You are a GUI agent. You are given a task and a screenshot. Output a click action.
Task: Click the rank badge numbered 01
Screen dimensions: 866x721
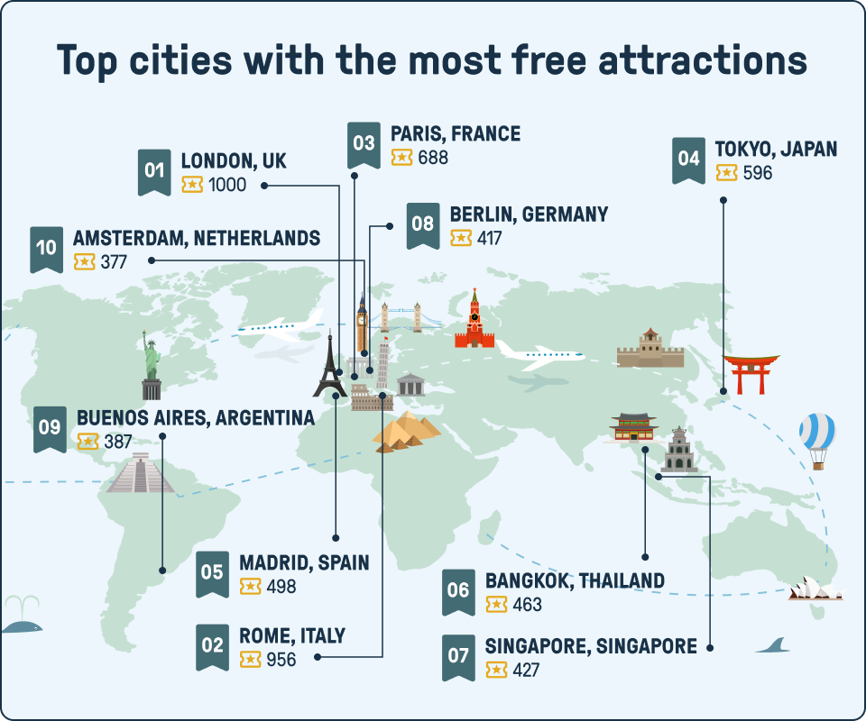click(x=154, y=170)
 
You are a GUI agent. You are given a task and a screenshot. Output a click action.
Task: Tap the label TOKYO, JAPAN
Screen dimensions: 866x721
click(x=776, y=149)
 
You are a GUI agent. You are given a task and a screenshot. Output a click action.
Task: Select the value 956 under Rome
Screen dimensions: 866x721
click(x=281, y=660)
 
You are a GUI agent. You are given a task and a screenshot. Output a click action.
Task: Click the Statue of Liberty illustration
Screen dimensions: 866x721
click(x=151, y=365)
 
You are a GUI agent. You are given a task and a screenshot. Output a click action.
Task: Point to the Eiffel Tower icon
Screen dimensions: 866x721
click(x=329, y=367)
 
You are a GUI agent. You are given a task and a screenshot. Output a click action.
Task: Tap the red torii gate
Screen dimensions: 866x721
click(x=751, y=373)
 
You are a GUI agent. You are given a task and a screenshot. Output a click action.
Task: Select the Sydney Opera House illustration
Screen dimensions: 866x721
click(x=815, y=589)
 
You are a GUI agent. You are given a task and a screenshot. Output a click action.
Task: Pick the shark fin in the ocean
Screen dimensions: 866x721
click(x=773, y=644)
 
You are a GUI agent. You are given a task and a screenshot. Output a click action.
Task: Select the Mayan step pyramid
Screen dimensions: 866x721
click(x=140, y=472)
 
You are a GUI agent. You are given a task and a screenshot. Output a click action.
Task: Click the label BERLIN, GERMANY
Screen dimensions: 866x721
click(x=529, y=214)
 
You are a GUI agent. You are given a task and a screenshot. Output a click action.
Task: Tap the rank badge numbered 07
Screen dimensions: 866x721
click(x=458, y=654)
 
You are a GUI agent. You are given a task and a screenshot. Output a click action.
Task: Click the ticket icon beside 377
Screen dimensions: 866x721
click(x=84, y=261)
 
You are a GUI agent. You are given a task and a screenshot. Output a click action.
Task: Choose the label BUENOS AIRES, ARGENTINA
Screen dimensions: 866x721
click(x=196, y=418)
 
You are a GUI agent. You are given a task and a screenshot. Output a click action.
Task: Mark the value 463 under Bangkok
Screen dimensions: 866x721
click(x=527, y=604)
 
